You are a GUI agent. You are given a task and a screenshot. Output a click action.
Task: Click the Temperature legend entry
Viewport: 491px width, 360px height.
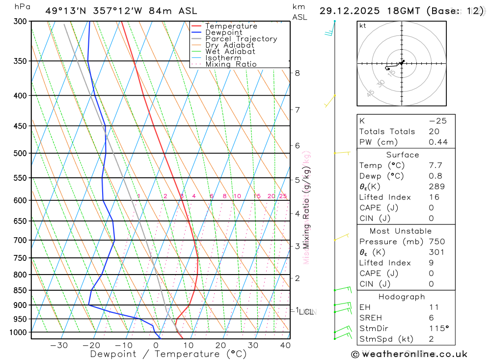231,26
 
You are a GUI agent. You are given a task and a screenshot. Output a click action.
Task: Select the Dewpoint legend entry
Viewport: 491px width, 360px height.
224,32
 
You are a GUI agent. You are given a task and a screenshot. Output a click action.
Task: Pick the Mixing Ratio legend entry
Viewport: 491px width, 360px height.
231,64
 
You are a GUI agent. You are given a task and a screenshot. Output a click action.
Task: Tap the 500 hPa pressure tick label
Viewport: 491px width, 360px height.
20,153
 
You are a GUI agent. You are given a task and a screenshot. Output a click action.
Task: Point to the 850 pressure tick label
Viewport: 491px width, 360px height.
20,290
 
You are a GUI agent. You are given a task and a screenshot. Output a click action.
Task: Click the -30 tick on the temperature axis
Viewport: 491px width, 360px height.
59,345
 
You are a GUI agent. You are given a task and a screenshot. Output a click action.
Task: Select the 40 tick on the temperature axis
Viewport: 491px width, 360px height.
285,345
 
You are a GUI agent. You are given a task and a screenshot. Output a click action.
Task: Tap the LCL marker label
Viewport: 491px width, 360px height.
307,312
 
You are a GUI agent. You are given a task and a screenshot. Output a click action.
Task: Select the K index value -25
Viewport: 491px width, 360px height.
437,121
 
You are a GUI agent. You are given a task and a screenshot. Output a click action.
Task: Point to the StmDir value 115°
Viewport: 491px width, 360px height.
438,329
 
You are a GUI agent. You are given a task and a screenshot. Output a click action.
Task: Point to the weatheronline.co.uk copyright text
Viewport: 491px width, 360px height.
409,354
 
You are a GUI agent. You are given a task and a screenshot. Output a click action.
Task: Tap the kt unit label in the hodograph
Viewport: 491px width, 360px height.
362,26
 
